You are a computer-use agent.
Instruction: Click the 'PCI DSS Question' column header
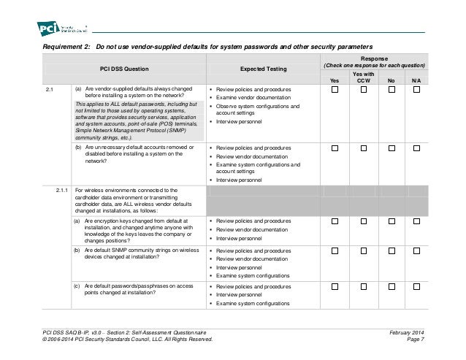124,68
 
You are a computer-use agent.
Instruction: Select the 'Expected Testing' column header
263,68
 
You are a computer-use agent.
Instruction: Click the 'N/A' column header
416,80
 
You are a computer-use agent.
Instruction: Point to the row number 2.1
49,90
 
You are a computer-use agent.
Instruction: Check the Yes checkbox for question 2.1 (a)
335,90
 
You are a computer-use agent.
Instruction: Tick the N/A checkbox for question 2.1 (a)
416,90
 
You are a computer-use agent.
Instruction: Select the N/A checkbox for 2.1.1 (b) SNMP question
416,251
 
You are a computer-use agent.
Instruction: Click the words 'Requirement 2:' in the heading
65,46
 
